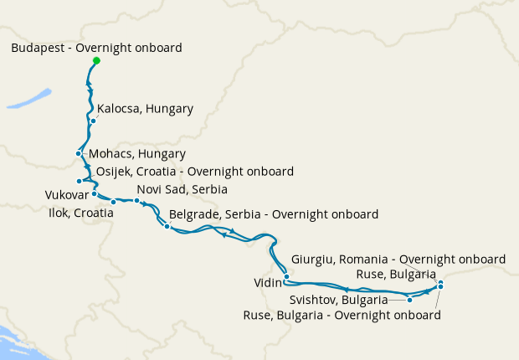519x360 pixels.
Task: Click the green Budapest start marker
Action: click(96, 60)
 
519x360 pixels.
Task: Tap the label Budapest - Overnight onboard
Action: click(96, 48)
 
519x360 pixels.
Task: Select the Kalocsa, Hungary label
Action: click(145, 109)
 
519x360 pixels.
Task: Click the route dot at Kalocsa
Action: click(93, 121)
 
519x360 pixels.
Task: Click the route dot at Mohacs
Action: click(78, 153)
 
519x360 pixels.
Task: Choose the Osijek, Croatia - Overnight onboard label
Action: click(195, 172)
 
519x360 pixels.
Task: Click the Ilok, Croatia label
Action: click(81, 213)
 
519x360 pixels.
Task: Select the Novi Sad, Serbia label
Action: click(182, 189)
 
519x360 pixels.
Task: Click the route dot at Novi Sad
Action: click(136, 201)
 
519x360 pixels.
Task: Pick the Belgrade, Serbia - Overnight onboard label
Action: click(274, 214)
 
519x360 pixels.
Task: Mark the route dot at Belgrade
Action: click(167, 226)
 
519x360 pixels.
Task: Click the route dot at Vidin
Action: click(286, 276)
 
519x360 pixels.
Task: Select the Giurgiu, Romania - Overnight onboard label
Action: click(398, 259)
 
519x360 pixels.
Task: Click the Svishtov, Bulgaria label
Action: click(338, 300)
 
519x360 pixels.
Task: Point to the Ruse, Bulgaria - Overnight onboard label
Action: click(342, 316)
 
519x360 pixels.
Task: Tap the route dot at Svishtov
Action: click(409, 299)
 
